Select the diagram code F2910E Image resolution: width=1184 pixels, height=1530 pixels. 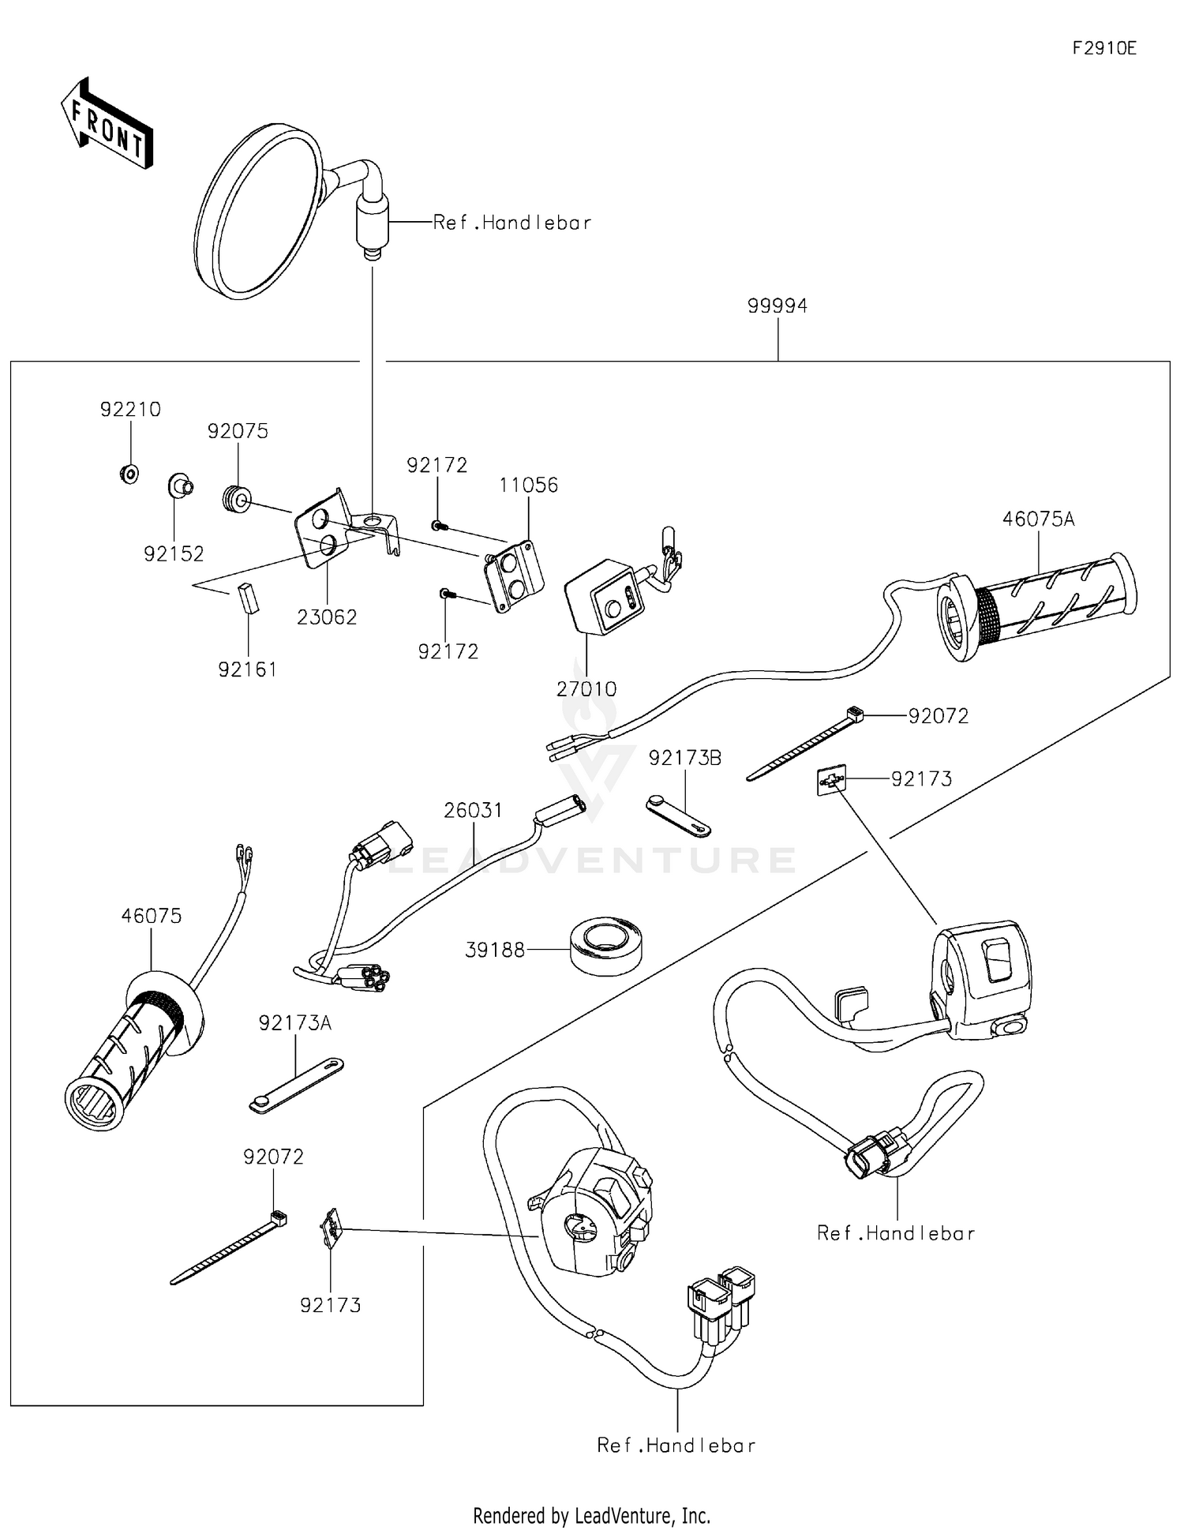(1104, 48)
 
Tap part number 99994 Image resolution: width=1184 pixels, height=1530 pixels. (777, 306)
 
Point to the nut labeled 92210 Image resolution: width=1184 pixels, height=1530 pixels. (130, 474)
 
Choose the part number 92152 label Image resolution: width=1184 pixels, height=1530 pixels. (174, 553)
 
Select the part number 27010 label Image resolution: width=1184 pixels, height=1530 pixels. (586, 688)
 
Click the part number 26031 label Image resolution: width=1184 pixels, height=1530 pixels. (473, 810)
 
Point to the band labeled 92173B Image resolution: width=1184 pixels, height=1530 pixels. (679, 816)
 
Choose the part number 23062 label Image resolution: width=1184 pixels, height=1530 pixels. (327, 617)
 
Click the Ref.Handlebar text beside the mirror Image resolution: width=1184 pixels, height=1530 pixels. (511, 223)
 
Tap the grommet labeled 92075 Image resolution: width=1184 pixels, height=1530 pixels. (236, 499)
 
